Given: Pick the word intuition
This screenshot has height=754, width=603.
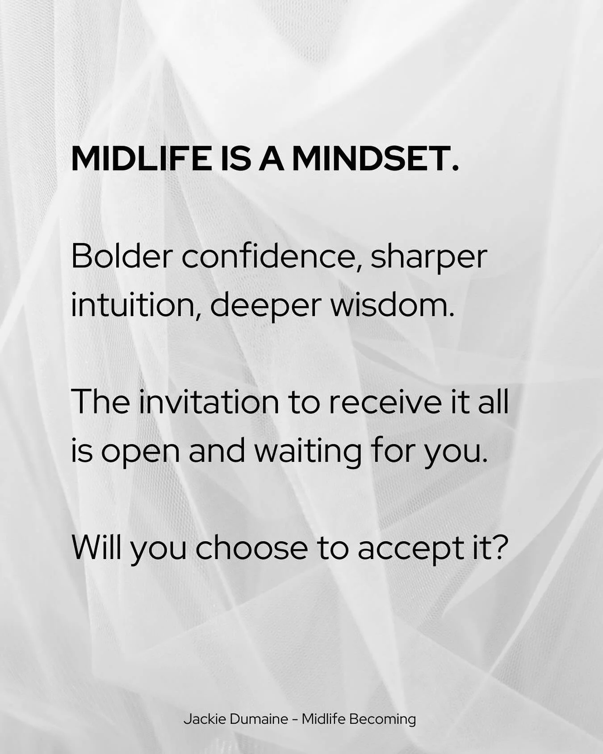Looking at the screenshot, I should pos(135,306).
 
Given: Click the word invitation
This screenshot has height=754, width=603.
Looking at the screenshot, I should pos(209,402).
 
